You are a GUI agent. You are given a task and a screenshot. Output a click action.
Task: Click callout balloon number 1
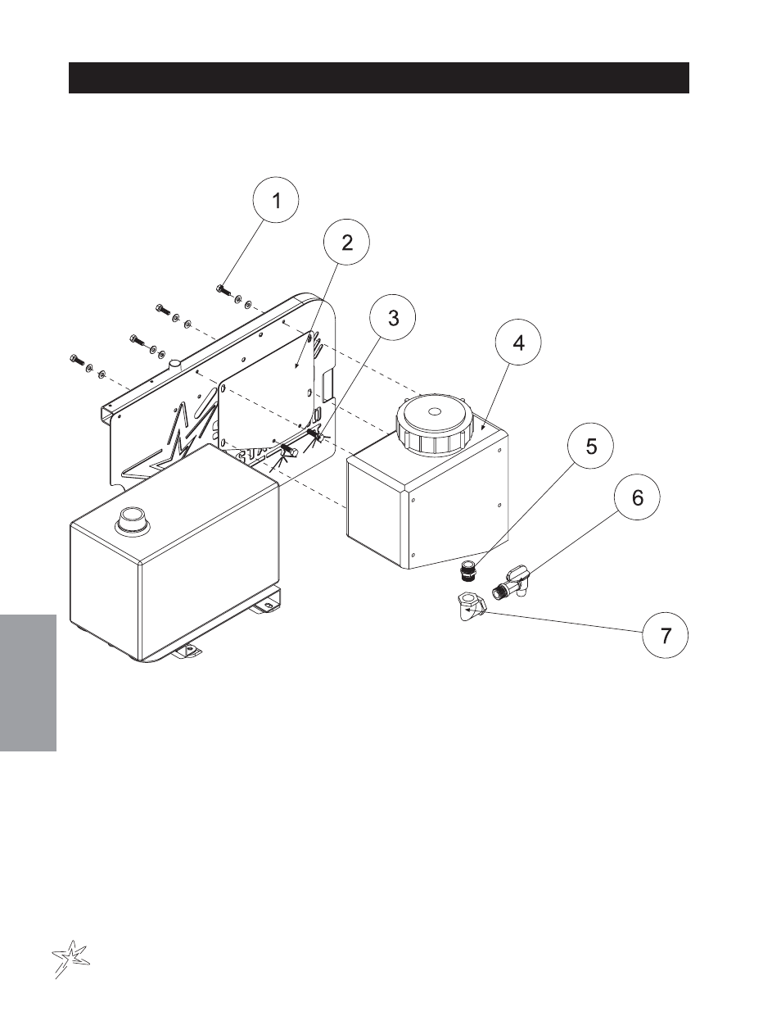point(276,200)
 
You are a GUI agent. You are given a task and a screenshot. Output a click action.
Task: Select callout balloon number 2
point(346,243)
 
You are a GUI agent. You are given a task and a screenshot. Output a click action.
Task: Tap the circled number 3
point(393,318)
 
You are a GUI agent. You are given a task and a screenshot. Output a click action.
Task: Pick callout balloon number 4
point(518,343)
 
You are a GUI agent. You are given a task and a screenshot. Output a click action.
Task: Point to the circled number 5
point(590,446)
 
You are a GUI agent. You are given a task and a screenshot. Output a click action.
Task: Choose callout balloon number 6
point(637,497)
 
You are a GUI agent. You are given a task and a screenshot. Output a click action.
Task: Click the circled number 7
point(666,635)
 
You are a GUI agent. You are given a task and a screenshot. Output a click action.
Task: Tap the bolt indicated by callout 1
point(223,291)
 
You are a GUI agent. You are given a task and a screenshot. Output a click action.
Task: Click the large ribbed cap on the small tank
point(434,424)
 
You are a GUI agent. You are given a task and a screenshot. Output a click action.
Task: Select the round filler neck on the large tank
point(134,520)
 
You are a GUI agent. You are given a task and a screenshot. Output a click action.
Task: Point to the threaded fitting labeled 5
point(466,571)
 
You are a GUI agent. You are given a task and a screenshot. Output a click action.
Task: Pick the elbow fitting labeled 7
point(471,605)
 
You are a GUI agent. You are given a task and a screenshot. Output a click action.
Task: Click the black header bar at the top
point(379,78)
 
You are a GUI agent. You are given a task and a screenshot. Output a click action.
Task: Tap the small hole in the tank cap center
point(434,411)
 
